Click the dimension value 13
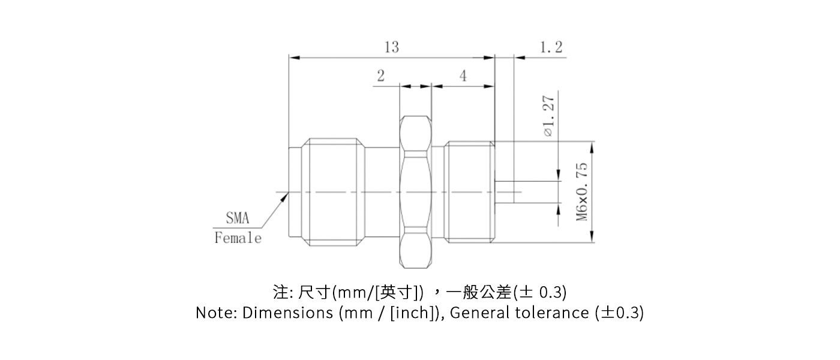[x=391, y=47]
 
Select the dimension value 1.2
[x=551, y=47]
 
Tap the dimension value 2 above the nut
[x=381, y=76]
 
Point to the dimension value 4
[x=463, y=76]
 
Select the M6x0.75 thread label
[x=582, y=191]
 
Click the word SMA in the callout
[x=237, y=217]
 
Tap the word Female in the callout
[x=238, y=238]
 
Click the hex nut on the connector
[x=415, y=191]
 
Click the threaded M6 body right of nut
[x=469, y=191]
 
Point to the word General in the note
[x=480, y=313]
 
